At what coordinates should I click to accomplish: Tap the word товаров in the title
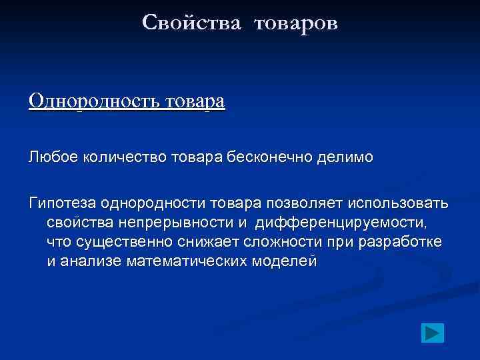point(295,24)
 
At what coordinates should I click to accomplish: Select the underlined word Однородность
point(91,101)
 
